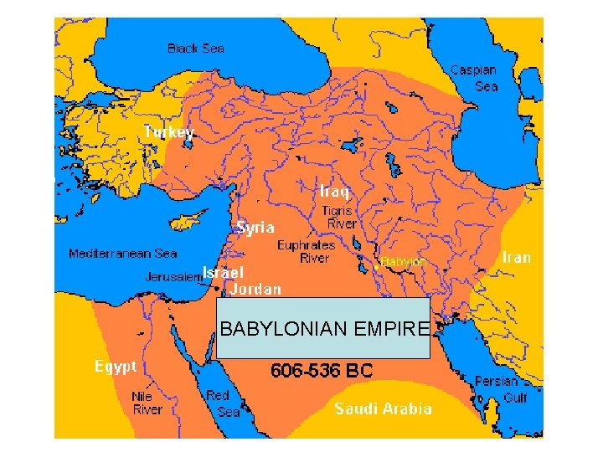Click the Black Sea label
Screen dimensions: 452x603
[196, 49]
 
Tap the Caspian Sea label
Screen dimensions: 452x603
[473, 78]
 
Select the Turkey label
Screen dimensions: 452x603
[168, 132]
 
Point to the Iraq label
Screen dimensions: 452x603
[334, 191]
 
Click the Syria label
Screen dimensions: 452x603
[255, 227]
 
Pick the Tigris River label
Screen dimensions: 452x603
[339, 218]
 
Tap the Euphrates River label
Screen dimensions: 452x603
[307, 252]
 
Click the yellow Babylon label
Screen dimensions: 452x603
[404, 261]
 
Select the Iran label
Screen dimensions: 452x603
[516, 257]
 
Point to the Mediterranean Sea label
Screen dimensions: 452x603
[123, 253]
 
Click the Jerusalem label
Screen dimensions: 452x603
[173, 276]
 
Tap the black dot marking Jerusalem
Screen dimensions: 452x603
[216, 285]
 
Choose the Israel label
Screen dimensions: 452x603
[223, 272]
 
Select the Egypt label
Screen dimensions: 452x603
[115, 366]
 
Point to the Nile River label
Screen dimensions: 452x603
[147, 403]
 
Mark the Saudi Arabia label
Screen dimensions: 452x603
[384, 408]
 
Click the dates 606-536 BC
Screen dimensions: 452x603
[322, 369]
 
